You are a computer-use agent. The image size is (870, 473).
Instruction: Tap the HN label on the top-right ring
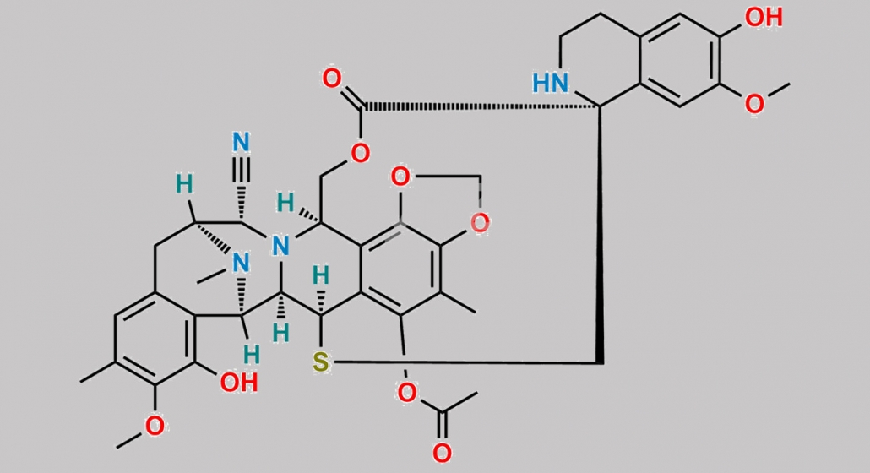click(551, 83)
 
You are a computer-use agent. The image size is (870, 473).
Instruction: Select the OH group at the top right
click(764, 17)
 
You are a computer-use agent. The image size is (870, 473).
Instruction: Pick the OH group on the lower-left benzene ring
click(239, 383)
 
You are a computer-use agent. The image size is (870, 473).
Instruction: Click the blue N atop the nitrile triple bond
click(242, 142)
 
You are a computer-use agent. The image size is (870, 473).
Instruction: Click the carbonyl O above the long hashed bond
click(332, 79)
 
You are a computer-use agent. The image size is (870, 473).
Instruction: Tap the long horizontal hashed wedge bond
click(481, 106)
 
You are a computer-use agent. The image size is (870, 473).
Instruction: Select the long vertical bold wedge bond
click(600, 235)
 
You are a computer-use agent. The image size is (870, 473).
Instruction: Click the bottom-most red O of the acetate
click(442, 453)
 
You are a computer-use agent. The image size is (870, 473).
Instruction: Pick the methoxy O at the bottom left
click(155, 426)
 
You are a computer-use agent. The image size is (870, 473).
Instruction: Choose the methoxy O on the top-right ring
click(754, 104)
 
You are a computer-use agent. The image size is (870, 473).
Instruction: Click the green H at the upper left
click(185, 183)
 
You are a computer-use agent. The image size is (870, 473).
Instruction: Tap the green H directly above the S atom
click(321, 275)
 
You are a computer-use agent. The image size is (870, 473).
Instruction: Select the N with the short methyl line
click(241, 263)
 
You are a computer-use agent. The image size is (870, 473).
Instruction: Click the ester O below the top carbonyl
click(360, 153)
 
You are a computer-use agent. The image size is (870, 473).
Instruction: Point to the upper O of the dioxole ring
click(400, 177)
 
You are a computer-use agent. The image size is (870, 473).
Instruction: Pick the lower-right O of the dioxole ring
click(480, 223)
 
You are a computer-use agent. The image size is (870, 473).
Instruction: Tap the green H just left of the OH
click(252, 355)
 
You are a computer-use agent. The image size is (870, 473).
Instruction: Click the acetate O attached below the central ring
click(406, 393)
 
